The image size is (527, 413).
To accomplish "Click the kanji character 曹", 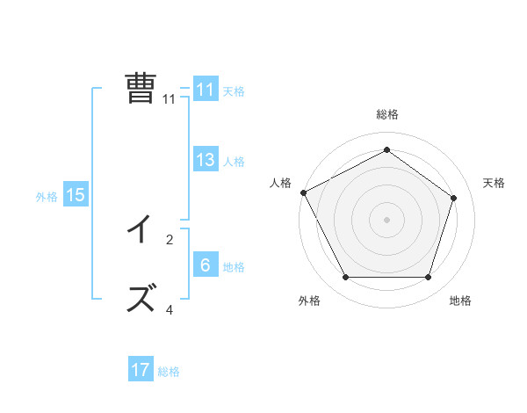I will pyautogui.click(x=141, y=89).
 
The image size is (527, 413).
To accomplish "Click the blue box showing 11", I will pyautogui.click(x=205, y=90).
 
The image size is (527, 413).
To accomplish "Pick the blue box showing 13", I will pyautogui.click(x=205, y=160).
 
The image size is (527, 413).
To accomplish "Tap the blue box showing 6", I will pyautogui.click(x=205, y=265).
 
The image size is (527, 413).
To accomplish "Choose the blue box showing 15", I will pyautogui.click(x=76, y=195).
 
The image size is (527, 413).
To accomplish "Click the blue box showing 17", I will pyautogui.click(x=140, y=370).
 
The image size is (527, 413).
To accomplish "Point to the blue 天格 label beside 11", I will pyautogui.click(x=234, y=91).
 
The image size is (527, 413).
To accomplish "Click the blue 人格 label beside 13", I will pyautogui.click(x=234, y=161).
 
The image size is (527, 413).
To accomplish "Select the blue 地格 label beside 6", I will pyautogui.click(x=234, y=266).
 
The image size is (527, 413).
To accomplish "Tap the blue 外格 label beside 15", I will pyautogui.click(x=47, y=197).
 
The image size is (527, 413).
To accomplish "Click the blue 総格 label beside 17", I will pyautogui.click(x=169, y=372).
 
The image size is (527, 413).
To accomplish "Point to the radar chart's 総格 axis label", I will pyautogui.click(x=386, y=115).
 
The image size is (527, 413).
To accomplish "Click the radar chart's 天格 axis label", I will pyautogui.click(x=494, y=183).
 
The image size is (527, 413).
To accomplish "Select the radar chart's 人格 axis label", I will pyautogui.click(x=279, y=183).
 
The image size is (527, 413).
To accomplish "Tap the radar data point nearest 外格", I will pyautogui.click(x=345, y=278).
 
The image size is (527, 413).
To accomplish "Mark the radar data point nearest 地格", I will pyautogui.click(x=429, y=278).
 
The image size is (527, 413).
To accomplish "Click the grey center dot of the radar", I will pyautogui.click(x=386, y=219).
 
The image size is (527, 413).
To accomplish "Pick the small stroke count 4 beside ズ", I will pyautogui.click(x=170, y=309).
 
